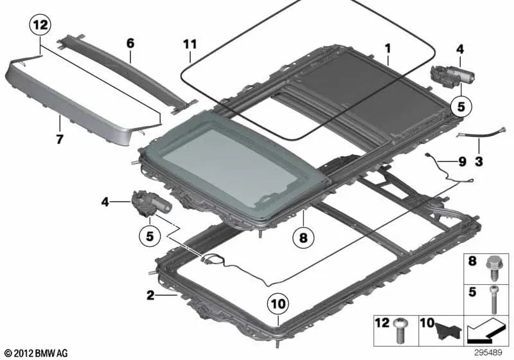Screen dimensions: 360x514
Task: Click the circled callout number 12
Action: pyautogui.click(x=40, y=26)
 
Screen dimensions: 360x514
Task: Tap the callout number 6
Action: pyautogui.click(x=130, y=43)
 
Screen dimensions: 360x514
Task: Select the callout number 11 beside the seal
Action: pyautogui.click(x=188, y=44)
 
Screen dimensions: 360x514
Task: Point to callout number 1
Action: pyautogui.click(x=387, y=48)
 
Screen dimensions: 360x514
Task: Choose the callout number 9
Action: pyautogui.click(x=460, y=163)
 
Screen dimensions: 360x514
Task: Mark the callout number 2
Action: pyautogui.click(x=150, y=296)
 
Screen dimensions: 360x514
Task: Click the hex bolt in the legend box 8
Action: pyautogui.click(x=493, y=265)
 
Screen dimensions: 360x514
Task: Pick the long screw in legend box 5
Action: pyautogui.click(x=493, y=298)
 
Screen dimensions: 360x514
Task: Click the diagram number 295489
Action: pyautogui.click(x=492, y=352)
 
